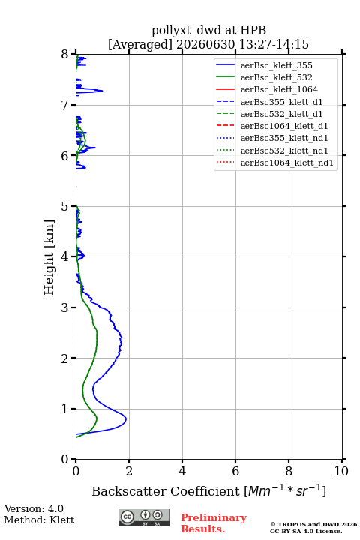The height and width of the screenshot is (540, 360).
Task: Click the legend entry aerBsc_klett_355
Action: click(276, 65)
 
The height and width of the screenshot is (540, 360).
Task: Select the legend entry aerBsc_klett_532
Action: click(276, 77)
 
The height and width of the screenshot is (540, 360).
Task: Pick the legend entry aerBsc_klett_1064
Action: click(279, 89)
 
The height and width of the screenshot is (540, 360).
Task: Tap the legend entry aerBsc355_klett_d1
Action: click(281, 102)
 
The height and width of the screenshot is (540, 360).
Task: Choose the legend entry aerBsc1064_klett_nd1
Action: click(287, 163)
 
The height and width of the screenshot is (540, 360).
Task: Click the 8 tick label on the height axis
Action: click(64, 55)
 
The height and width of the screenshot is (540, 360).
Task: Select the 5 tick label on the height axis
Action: click(64, 206)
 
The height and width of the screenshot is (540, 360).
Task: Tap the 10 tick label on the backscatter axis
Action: click(341, 471)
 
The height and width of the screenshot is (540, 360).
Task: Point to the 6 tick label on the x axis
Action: click(235, 471)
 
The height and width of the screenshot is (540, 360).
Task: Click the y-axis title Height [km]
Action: click(49, 257)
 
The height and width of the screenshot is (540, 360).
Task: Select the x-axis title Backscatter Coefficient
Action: click(166, 491)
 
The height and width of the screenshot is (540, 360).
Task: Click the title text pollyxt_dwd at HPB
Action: click(208, 30)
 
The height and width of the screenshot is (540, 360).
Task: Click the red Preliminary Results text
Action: click(214, 523)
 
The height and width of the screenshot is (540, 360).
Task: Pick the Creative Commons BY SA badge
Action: click(144, 517)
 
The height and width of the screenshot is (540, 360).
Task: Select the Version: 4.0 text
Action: click(34, 508)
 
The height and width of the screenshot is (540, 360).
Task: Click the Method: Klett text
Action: click(39, 520)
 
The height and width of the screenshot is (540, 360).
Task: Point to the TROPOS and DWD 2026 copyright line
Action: click(314, 524)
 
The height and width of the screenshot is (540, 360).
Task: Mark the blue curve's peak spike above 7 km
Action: click(102, 91)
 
